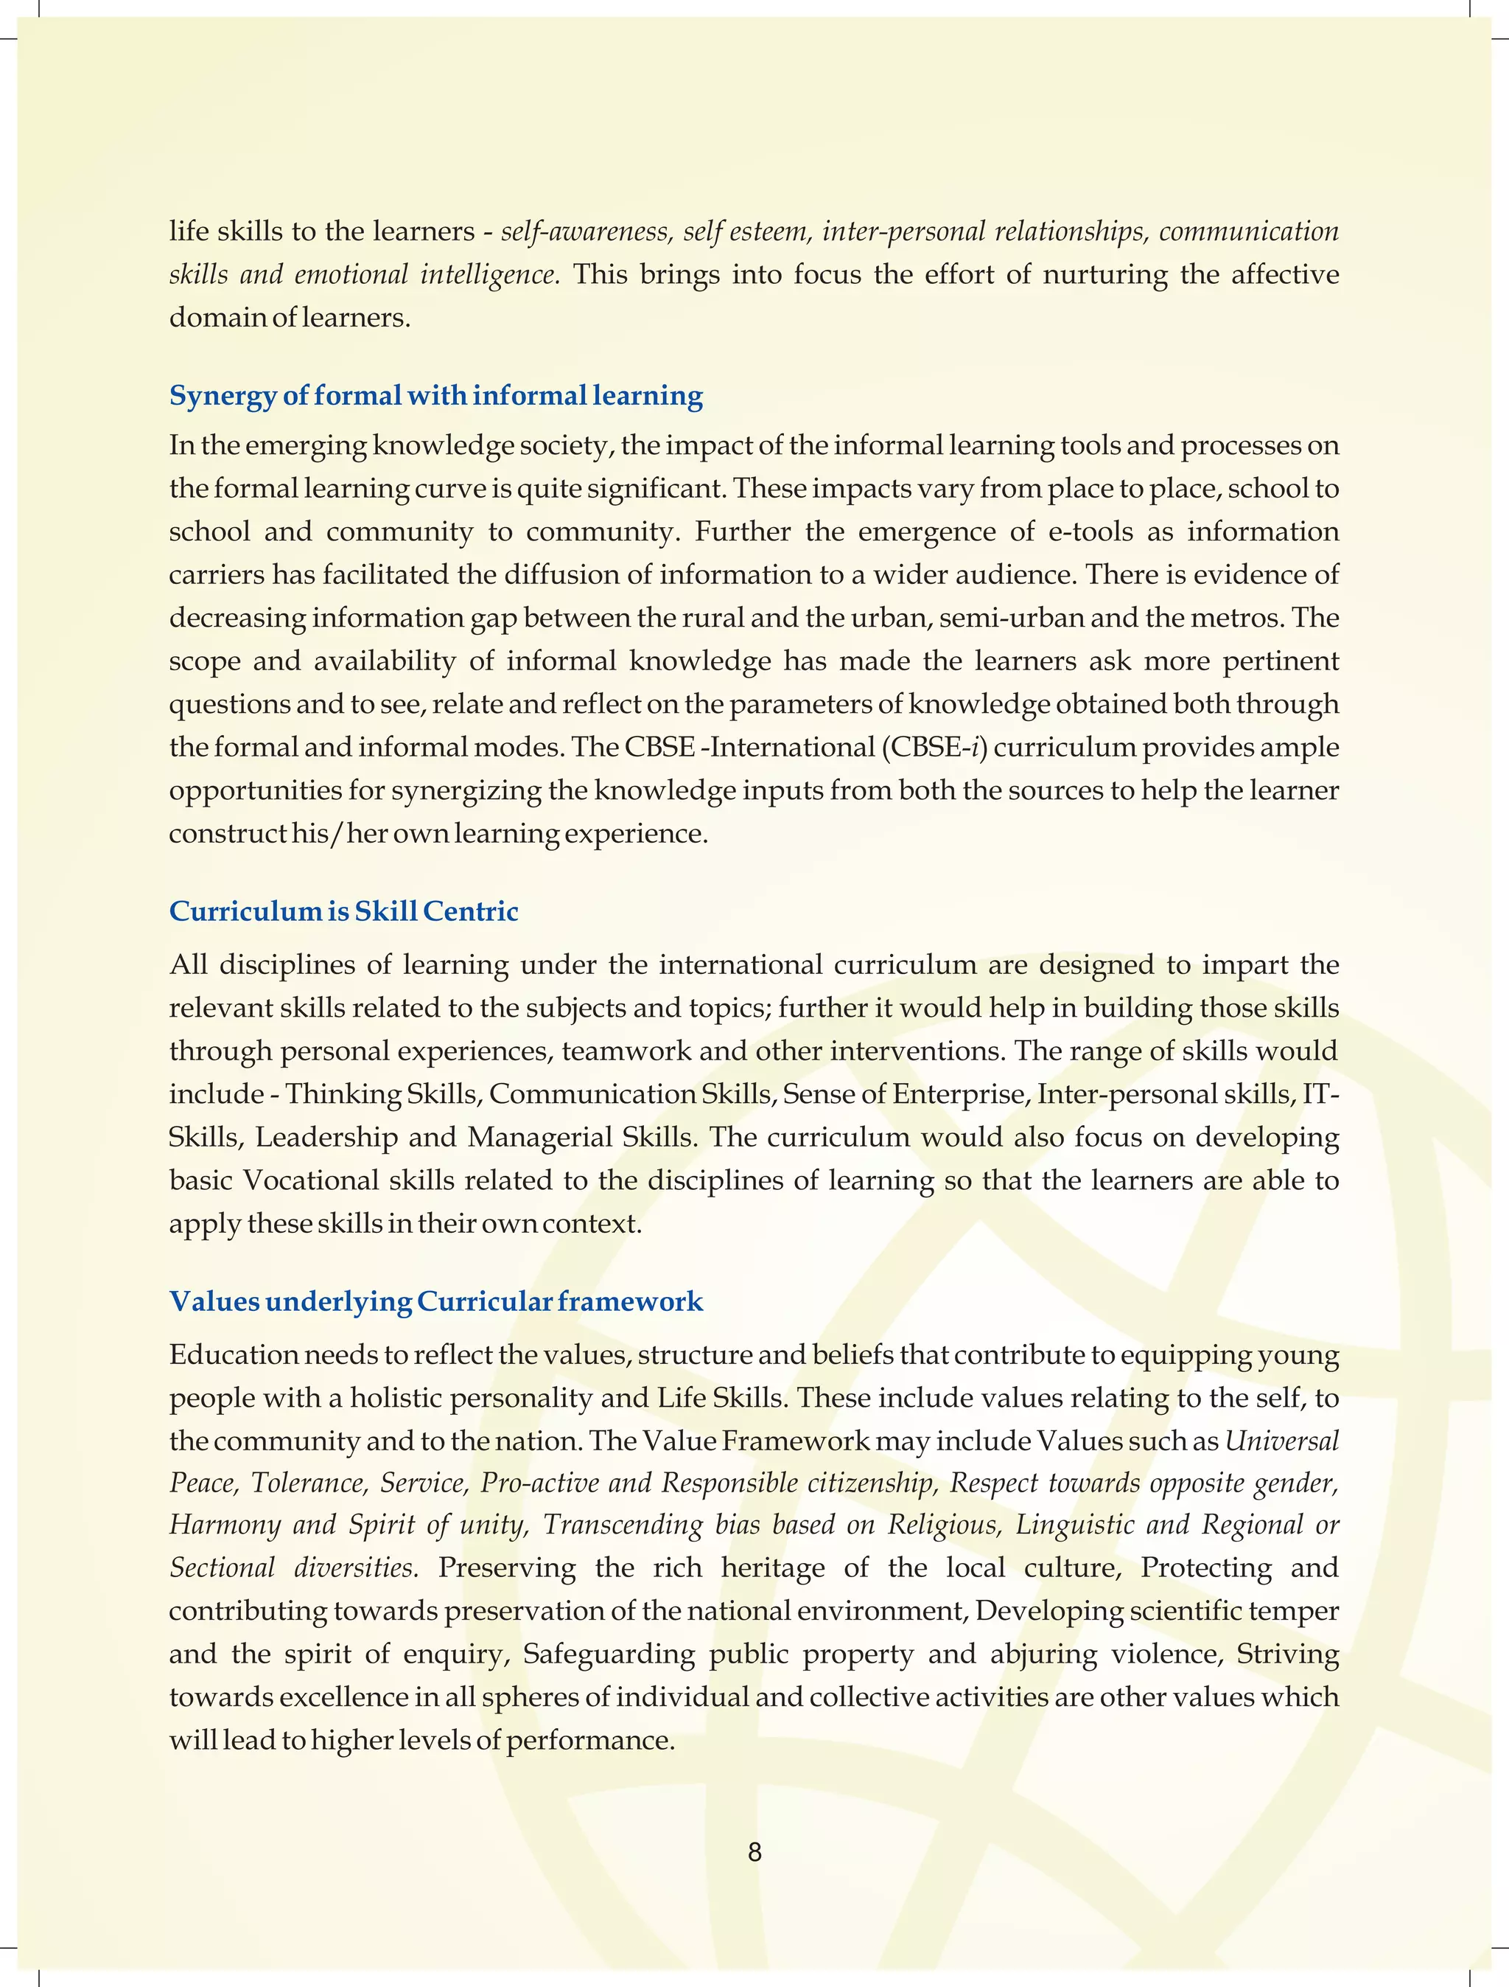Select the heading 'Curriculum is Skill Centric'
[x=344, y=911]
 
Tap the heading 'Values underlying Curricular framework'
[x=435, y=1301]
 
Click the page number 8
[x=754, y=1851]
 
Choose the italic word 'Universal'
[x=1282, y=1441]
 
